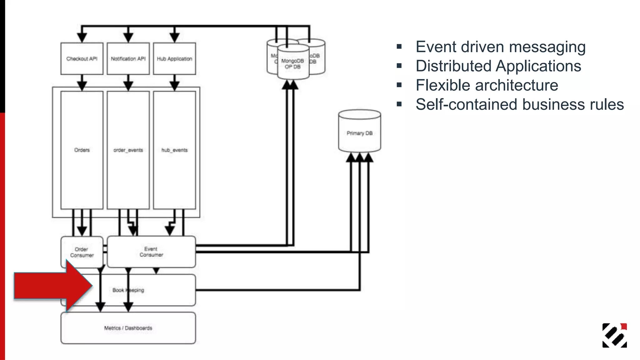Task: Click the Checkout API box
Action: coord(82,59)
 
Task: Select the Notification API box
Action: coord(128,59)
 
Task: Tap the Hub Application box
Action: coord(174,59)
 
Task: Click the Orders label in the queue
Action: coord(82,150)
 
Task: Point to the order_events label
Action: coord(128,150)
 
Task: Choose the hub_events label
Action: coord(174,150)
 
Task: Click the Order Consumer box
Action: coord(82,252)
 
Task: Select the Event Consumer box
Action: coord(151,252)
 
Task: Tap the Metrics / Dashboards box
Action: coord(128,328)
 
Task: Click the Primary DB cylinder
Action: coord(359,133)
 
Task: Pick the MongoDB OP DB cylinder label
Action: coord(292,64)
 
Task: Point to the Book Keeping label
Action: coord(128,290)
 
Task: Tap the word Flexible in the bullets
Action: coord(442,85)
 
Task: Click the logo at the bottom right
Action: coord(614,335)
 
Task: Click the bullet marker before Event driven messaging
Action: coord(399,47)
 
